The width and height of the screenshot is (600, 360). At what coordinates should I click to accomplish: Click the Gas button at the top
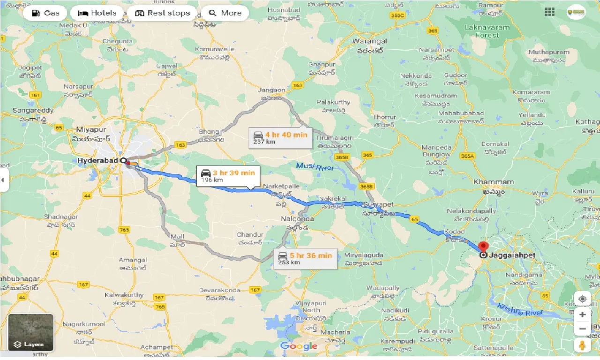[46, 13]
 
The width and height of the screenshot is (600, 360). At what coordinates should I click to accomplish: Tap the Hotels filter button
[97, 13]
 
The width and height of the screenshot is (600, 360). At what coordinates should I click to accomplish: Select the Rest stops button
[162, 13]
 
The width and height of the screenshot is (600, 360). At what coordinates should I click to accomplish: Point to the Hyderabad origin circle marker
[123, 160]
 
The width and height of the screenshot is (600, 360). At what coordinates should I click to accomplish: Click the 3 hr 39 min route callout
[228, 176]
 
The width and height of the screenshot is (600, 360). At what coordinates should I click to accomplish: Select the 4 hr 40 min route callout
[280, 138]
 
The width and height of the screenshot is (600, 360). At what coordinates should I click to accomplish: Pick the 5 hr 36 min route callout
[305, 258]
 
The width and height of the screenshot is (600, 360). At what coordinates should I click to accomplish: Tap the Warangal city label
[370, 41]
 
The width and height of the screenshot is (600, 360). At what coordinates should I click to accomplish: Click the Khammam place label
[494, 182]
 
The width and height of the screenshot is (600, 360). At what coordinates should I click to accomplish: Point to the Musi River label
[315, 166]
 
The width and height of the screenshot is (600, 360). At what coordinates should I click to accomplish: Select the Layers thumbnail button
[30, 332]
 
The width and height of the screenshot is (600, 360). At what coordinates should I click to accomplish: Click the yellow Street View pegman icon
[582, 346]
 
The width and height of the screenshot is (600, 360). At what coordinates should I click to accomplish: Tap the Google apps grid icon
[549, 12]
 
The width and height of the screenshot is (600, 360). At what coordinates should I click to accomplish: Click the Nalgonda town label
[297, 219]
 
